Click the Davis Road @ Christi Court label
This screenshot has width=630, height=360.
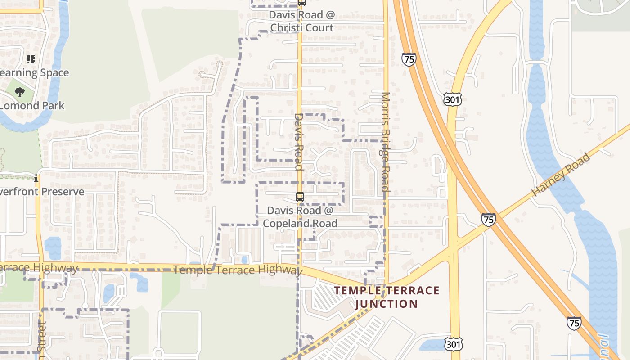[301, 21]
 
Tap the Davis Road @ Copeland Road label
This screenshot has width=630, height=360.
[300, 217]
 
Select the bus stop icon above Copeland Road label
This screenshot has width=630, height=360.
[300, 197]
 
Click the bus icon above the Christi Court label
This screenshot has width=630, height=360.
[301, 3]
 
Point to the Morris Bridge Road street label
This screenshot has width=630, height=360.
[385, 142]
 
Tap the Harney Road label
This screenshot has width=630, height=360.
[561, 175]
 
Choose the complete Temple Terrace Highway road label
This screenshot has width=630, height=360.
[237, 270]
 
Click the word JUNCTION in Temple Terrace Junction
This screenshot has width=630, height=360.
[387, 304]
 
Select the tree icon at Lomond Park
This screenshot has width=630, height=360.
[20, 93]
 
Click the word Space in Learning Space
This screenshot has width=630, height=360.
[54, 73]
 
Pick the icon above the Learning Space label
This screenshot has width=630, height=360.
[31, 59]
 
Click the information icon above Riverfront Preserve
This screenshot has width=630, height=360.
[36, 179]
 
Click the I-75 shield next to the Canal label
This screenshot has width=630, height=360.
[574, 323]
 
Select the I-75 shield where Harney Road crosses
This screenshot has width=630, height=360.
[488, 220]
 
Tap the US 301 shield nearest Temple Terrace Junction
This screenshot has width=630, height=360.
[454, 344]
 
